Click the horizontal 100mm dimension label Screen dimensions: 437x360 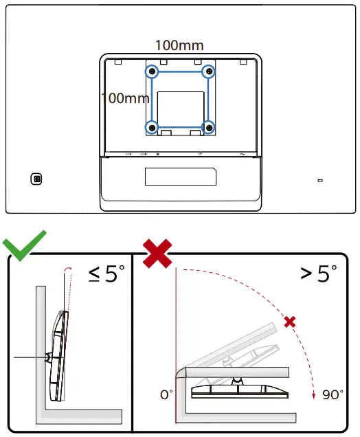[x=179, y=45]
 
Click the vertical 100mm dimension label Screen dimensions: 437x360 [x=125, y=98]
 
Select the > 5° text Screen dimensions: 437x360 [x=318, y=274]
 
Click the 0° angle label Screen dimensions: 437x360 [x=166, y=395]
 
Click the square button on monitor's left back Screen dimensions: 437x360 [x=37, y=179]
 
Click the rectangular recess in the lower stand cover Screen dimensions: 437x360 [x=181, y=176]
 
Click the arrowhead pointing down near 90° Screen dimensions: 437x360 [x=314, y=395]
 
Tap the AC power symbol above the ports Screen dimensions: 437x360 [x=243, y=155]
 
